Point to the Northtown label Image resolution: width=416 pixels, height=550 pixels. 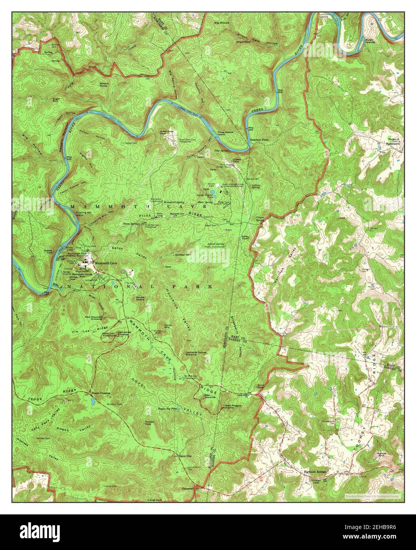(394, 144)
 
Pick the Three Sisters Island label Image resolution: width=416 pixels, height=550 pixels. (226, 134)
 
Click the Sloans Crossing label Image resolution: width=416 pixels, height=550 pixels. (101, 393)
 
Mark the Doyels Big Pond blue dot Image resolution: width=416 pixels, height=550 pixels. (179, 408)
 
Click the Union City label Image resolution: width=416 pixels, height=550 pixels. (185, 456)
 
